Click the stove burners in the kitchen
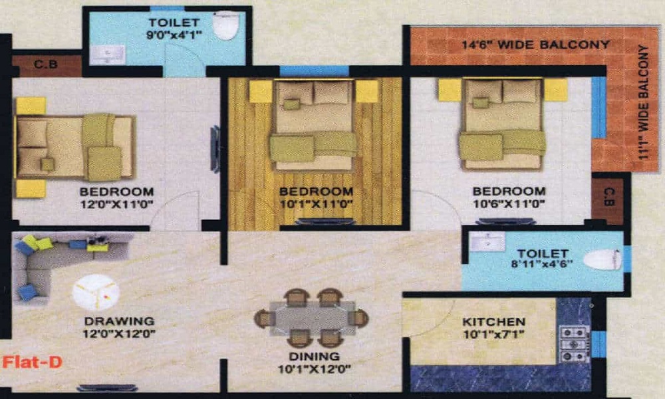click(573, 343)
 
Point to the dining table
click(311, 318)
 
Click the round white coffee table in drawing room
click(95, 293)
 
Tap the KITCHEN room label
click(493, 322)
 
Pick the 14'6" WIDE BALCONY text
click(535, 45)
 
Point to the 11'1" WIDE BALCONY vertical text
click(642, 100)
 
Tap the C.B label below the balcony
click(610, 198)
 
